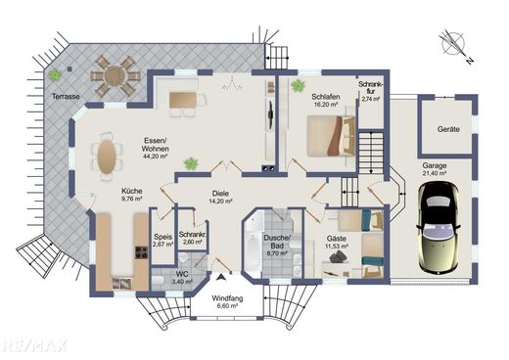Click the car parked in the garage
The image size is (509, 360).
coord(439,228)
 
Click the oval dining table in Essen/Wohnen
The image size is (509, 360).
coord(107,157)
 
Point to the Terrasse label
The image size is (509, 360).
coord(66,97)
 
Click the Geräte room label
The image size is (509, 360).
coord(448,129)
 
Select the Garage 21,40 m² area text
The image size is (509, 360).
coord(435,169)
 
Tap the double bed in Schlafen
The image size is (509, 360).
coord(331,136)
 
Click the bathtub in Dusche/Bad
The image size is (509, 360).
coord(253,252)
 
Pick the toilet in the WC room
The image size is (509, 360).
coord(159,281)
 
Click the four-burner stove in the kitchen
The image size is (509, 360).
coord(142,252)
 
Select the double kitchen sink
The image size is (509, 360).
coord(121,284)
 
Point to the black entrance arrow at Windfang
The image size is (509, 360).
coord(221,277)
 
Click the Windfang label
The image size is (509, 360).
coord(227,298)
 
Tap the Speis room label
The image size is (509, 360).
coord(163,237)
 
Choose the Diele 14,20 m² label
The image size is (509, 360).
coord(220,197)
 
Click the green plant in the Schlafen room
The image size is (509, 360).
coord(298,86)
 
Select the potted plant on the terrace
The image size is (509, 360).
coord(55,75)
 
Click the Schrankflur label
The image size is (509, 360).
coord(371,88)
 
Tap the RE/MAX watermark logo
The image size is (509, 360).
coord(33,345)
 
